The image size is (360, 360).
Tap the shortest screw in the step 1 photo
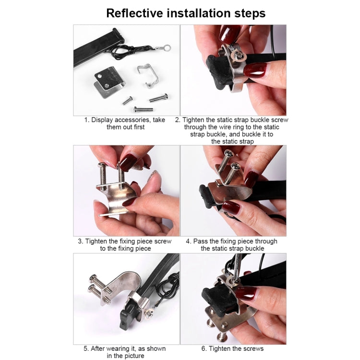coord(127,100)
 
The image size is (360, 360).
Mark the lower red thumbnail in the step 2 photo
coord(254,70)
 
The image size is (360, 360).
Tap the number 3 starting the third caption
coord(80,241)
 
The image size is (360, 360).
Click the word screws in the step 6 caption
coord(254,348)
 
